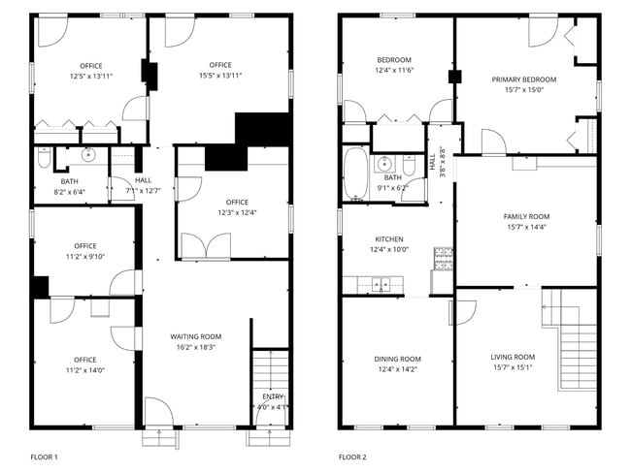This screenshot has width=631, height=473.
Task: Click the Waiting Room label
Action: click(195, 336)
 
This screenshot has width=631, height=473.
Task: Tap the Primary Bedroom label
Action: click(524, 79)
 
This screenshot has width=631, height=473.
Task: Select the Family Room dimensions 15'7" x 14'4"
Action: click(526, 227)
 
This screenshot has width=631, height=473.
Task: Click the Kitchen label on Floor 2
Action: click(389, 239)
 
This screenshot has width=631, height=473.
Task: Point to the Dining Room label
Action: click(398, 359)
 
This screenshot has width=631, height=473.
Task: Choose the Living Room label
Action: click(513, 357)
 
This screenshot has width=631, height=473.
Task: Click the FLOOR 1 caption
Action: click(45, 457)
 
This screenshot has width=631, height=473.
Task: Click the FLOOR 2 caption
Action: click(352, 457)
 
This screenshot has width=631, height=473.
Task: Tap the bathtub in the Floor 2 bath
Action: click(355, 173)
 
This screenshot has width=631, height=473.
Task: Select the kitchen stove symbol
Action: click(443, 259)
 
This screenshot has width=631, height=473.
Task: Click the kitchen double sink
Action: click(381, 284)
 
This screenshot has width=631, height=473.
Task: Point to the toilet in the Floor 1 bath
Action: click(45, 158)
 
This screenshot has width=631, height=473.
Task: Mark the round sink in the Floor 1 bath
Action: click(88, 155)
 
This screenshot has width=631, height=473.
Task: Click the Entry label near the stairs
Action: click(273, 396)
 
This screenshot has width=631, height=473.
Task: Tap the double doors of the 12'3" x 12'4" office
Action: click(206, 245)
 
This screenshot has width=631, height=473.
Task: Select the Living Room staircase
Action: click(570, 339)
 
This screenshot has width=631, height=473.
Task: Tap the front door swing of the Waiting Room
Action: click(159, 411)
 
